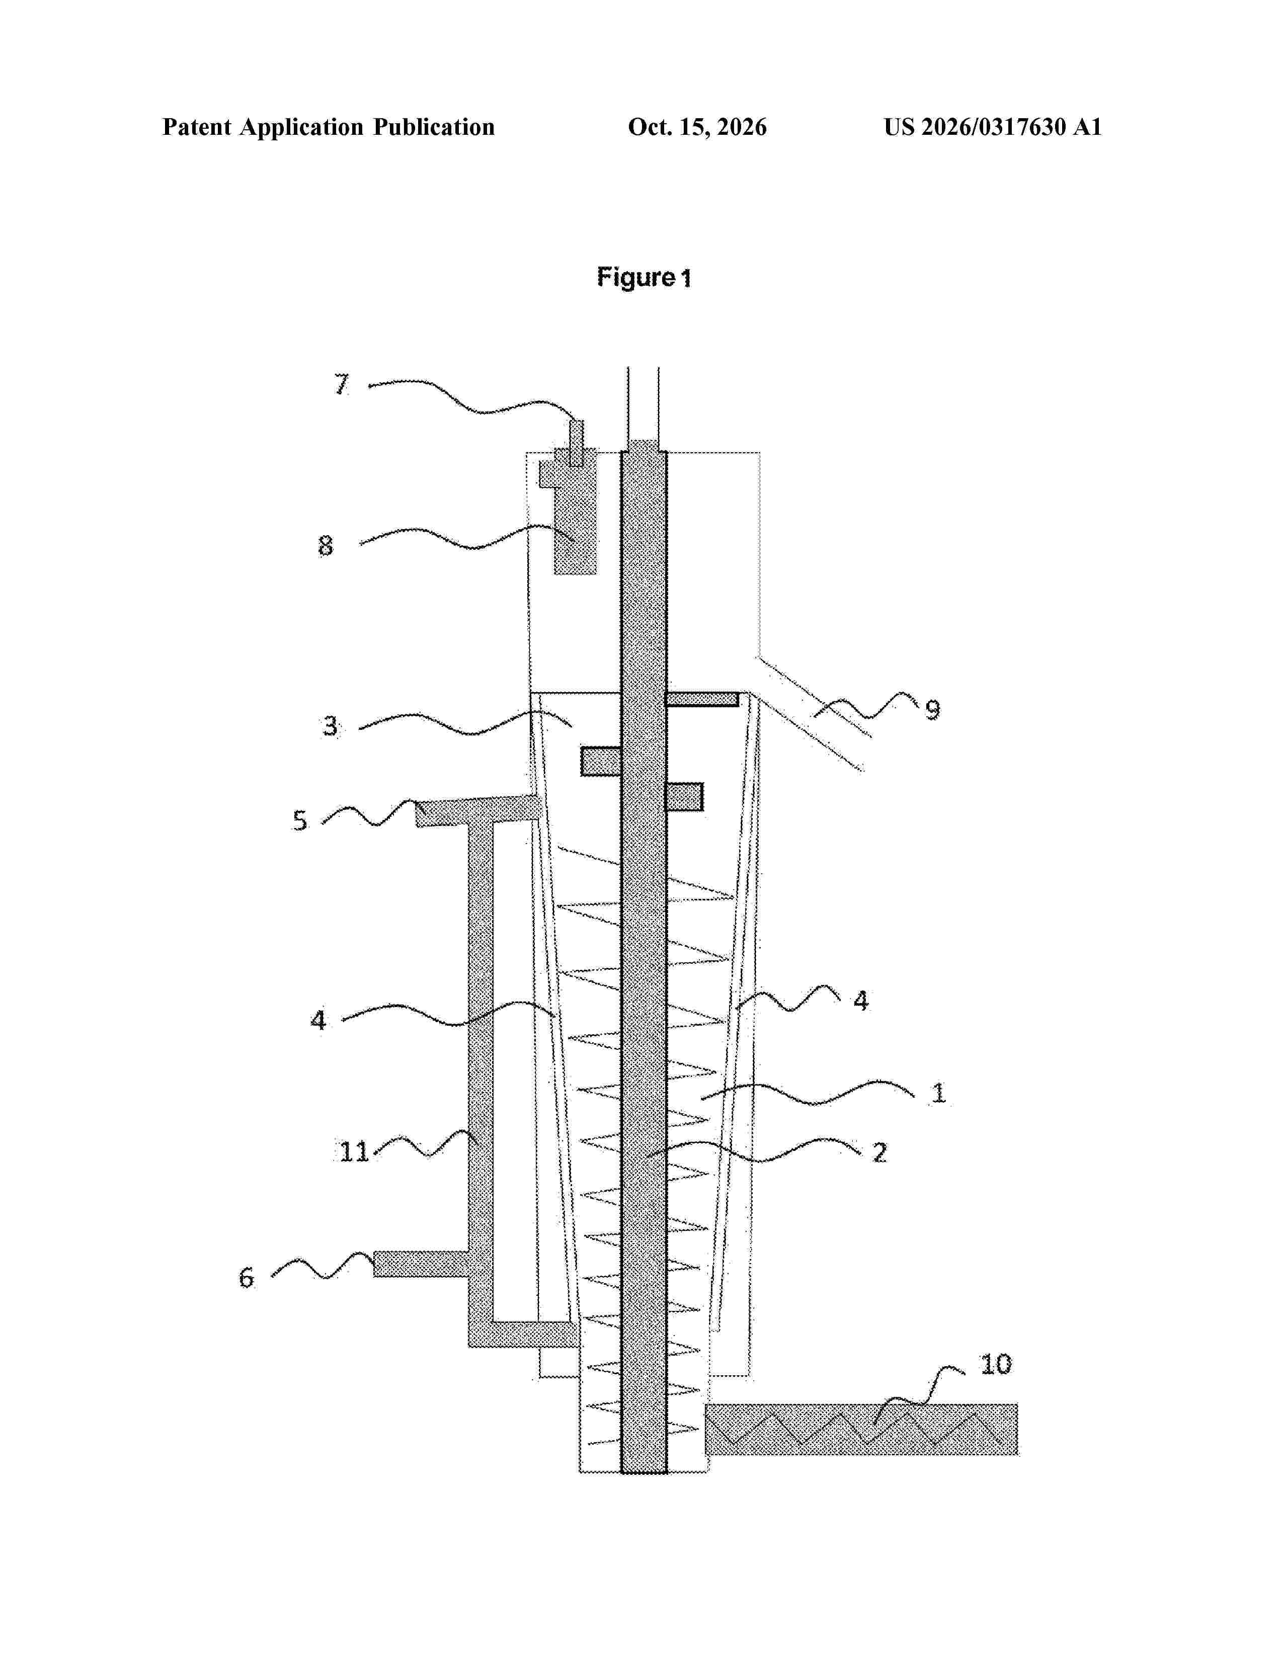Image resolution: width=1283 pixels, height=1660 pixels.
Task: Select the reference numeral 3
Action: [x=330, y=726]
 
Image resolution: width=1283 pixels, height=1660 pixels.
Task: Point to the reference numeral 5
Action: [x=300, y=821]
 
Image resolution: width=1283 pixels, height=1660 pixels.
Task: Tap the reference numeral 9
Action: [x=933, y=709]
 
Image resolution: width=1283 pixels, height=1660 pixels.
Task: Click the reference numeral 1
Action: [x=939, y=1093]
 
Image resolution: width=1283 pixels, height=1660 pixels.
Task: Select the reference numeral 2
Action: [x=879, y=1152]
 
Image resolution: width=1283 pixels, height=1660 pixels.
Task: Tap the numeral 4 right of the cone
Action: [x=860, y=1000]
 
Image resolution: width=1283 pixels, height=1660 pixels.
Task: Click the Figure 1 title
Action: [x=644, y=278]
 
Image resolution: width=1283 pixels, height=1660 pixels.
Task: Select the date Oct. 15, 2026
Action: [x=697, y=127]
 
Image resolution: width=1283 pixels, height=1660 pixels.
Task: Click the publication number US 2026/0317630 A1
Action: [x=993, y=127]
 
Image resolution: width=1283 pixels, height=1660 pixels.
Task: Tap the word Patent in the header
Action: [x=197, y=127]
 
